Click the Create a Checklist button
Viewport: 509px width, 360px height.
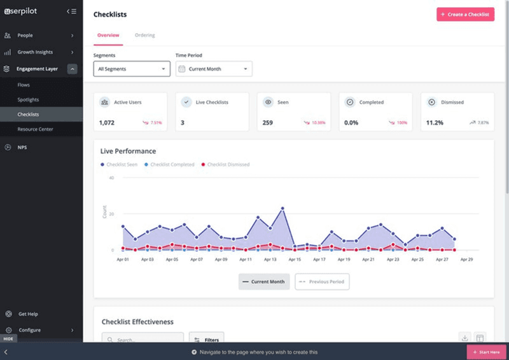point(465,14)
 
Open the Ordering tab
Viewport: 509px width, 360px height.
point(144,35)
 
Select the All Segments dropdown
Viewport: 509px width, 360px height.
point(132,69)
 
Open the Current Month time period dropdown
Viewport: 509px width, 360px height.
point(214,69)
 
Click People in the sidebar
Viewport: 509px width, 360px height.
point(25,36)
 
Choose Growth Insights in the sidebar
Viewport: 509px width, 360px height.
point(35,52)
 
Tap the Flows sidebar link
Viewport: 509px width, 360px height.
point(24,85)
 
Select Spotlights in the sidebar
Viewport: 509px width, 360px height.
point(28,100)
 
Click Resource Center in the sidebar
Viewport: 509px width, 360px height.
point(35,129)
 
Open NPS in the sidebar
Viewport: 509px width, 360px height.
point(22,147)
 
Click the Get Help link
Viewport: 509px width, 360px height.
point(28,314)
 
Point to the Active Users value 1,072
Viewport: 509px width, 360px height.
point(106,122)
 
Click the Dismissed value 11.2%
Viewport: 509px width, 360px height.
point(435,122)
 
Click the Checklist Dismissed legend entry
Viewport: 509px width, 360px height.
point(225,165)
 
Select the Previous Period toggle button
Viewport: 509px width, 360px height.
point(322,281)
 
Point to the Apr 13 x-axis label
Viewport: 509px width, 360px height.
point(270,260)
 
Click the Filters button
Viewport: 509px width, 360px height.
point(207,340)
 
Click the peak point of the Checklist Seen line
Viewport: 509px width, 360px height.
point(282,208)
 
